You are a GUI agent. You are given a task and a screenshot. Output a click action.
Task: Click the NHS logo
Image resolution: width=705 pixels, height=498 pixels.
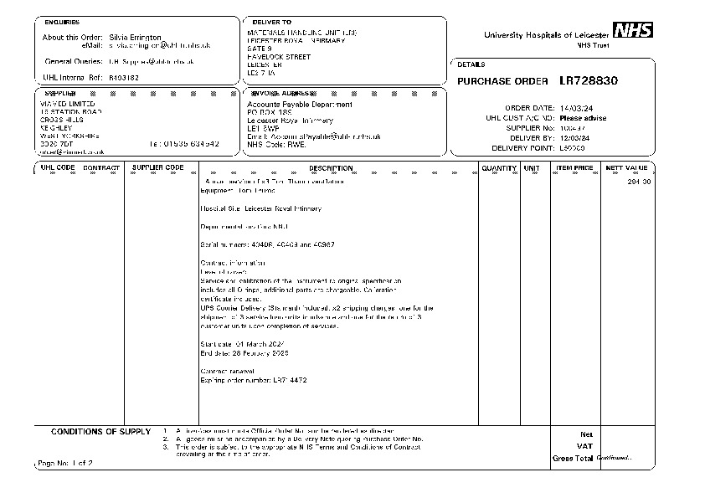pyautogui.click(x=630, y=31)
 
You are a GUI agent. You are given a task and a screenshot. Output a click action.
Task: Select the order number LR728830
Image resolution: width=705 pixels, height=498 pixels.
pyautogui.click(x=589, y=81)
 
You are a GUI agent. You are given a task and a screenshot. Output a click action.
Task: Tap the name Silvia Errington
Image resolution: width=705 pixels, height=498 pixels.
pyautogui.click(x=135, y=38)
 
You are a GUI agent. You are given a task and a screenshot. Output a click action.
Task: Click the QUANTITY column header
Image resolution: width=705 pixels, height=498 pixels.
pyautogui.click(x=499, y=168)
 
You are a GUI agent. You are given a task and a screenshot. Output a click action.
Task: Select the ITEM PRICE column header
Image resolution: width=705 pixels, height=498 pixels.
pyautogui.click(x=575, y=168)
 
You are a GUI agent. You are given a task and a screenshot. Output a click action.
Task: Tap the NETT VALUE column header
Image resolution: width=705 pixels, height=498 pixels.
pyautogui.click(x=626, y=168)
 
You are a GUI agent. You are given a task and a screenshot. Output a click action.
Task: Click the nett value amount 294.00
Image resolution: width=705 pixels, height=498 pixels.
pyautogui.click(x=639, y=182)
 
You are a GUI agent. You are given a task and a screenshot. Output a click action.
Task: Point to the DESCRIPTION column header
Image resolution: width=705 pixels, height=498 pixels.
pyautogui.click(x=332, y=168)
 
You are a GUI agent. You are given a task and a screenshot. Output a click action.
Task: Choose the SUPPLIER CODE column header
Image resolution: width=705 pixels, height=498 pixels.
pyautogui.click(x=158, y=168)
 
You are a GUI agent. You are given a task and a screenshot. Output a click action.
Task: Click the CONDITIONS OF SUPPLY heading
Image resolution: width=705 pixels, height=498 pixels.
pyautogui.click(x=101, y=432)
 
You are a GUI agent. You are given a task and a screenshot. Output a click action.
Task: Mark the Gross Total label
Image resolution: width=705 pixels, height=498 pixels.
pyautogui.click(x=572, y=459)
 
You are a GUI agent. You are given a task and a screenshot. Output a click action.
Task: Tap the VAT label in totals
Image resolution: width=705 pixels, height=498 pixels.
pyautogui.click(x=585, y=446)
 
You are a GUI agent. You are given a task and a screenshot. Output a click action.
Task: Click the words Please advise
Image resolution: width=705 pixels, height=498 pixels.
pyautogui.click(x=583, y=118)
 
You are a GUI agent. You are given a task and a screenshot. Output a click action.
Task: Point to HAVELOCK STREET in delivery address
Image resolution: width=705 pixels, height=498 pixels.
pyautogui.click(x=279, y=57)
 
